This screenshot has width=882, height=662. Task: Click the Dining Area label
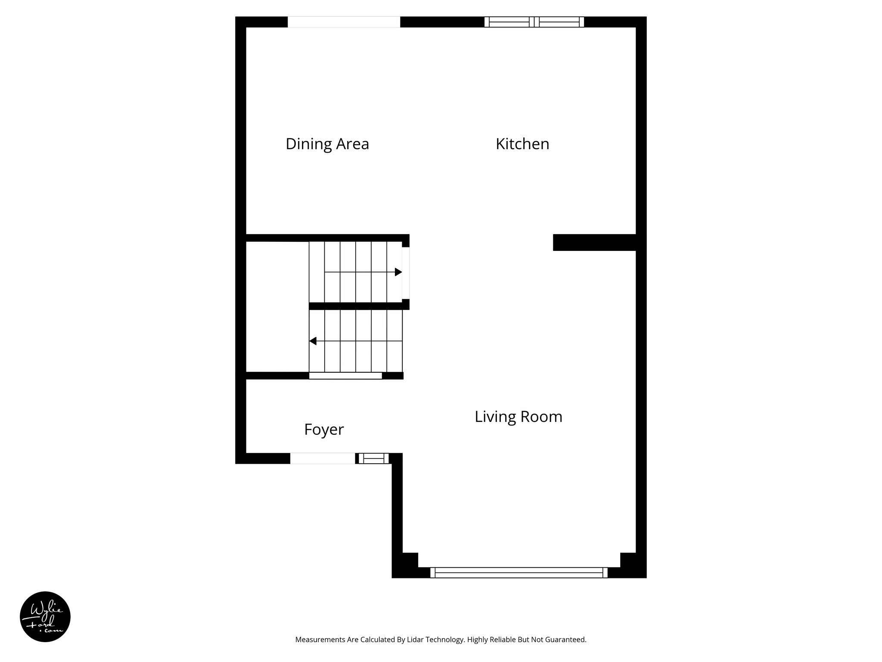(x=327, y=144)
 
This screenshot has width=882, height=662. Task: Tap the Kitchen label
(x=522, y=144)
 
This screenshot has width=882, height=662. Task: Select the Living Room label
(x=518, y=417)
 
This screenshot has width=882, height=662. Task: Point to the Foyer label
(x=324, y=430)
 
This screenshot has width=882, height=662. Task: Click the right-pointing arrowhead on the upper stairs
(x=398, y=272)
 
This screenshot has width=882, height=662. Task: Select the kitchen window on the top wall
(x=534, y=22)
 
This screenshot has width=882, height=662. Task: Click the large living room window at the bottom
(x=519, y=572)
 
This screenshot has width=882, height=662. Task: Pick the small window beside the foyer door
(x=373, y=459)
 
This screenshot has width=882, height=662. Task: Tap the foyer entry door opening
(x=323, y=459)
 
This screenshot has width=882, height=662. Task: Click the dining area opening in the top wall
(x=344, y=22)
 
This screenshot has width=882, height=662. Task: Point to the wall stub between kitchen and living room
(x=594, y=242)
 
